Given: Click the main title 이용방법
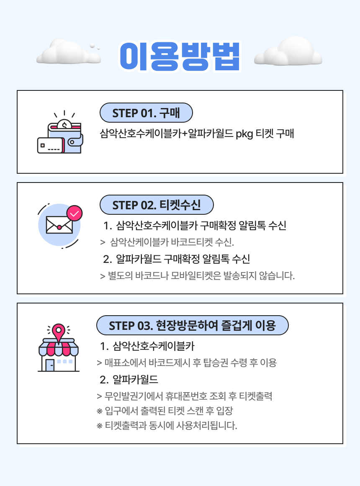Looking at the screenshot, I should click(x=180, y=56).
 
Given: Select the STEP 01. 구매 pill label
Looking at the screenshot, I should click(x=146, y=113).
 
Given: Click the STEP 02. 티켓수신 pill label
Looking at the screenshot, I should click(x=157, y=205).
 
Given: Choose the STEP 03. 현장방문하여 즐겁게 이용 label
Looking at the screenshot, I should click(x=192, y=325).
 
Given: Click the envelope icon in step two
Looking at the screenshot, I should click(x=59, y=226).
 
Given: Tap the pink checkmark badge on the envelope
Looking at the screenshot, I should click(x=75, y=214).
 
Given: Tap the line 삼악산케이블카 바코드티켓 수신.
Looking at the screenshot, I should click(x=172, y=242).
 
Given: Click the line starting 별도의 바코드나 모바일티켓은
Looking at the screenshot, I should click(x=198, y=276).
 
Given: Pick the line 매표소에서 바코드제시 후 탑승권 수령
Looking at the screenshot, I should click(x=186, y=363).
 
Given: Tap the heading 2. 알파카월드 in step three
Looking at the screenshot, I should click(x=129, y=380).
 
